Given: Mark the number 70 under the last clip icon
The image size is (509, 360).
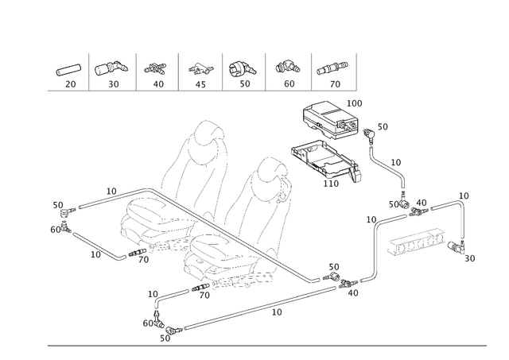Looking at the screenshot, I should click(335, 83).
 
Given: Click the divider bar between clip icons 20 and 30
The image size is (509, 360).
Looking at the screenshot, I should click(91, 72).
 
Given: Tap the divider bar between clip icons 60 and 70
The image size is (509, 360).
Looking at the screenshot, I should click(312, 72).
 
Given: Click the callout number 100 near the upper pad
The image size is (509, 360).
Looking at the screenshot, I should click(356, 103).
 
